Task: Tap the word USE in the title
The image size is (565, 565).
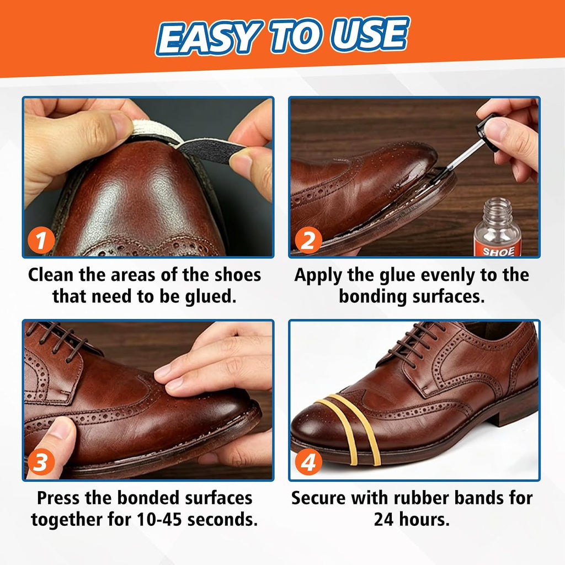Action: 370,35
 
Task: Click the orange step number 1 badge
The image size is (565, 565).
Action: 41,240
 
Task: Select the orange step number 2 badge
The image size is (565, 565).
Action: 308,240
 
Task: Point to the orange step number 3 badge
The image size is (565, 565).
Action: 41,462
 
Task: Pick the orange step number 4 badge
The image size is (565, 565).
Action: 308,462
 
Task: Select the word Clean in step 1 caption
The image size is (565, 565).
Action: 51,275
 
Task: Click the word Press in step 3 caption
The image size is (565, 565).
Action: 58,498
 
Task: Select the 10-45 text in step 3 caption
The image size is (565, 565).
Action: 159,520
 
